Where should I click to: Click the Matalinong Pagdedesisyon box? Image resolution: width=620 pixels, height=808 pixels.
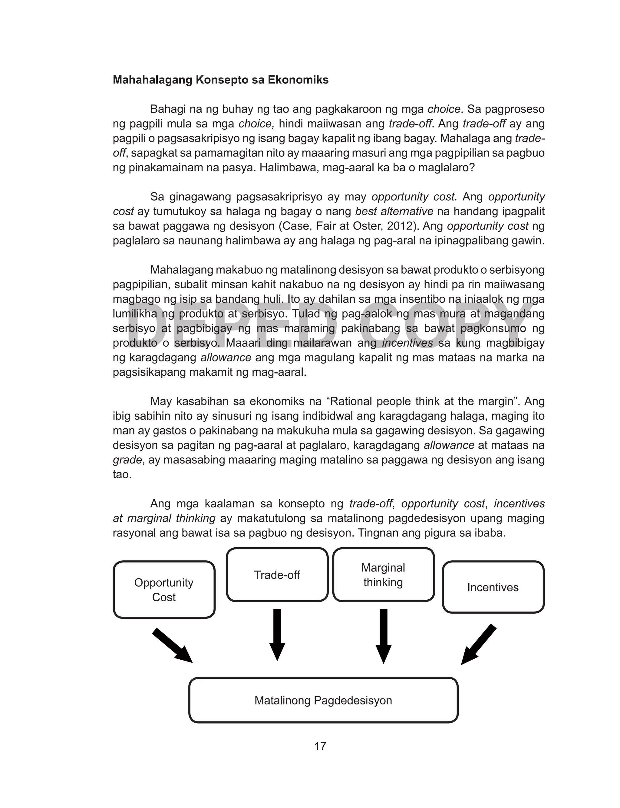point(323,700)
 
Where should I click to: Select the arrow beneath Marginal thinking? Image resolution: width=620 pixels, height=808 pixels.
point(384,635)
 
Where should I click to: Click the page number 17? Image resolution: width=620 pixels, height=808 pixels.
point(320,746)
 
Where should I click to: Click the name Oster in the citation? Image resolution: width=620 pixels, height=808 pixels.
point(374,226)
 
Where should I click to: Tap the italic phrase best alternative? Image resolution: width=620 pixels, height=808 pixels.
point(394,211)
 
